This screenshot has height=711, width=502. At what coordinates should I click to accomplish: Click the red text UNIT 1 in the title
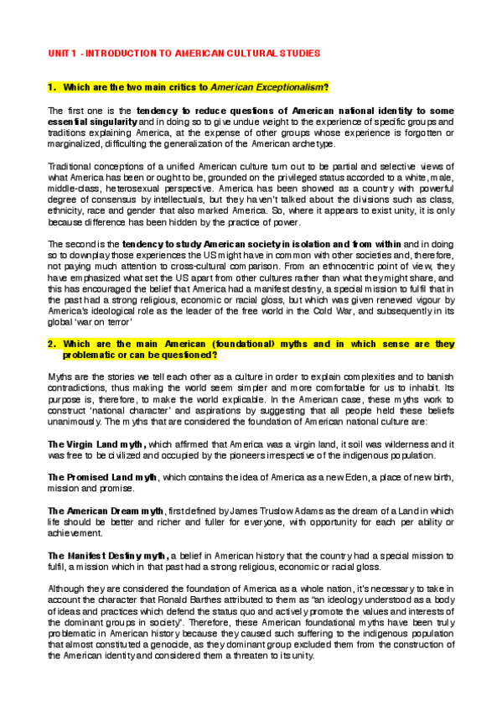point(64,52)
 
